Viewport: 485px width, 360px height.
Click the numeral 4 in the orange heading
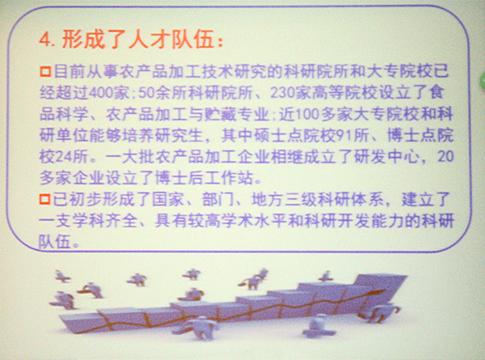44,40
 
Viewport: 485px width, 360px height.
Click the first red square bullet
45,71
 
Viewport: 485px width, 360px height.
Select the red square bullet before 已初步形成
44,199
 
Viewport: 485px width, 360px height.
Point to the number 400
101,93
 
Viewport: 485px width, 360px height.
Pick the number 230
282,92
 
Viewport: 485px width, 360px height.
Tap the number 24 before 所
64,157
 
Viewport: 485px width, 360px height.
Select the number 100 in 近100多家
307,114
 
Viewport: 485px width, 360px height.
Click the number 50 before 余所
146,93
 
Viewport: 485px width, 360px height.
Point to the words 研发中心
387,157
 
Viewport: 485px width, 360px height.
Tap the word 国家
168,199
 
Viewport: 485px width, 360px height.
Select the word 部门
217,199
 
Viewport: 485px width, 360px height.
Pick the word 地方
268,199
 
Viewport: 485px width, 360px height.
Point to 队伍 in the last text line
55,242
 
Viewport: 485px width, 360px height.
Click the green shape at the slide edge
483,80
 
